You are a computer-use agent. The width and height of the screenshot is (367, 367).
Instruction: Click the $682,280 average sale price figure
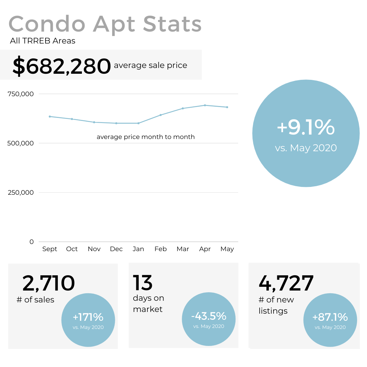pos(62,66)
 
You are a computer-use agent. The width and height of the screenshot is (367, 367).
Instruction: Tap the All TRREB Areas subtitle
pos(42,41)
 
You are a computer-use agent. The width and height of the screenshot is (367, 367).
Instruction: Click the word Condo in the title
pos(47,24)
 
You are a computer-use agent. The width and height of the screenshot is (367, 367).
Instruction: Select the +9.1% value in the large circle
pos(305,127)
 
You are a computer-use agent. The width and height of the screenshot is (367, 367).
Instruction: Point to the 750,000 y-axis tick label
pos(21,94)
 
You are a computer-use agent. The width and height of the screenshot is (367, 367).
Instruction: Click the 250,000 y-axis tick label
pos(21,192)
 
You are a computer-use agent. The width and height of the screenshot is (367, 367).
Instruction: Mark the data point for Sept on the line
pos(50,117)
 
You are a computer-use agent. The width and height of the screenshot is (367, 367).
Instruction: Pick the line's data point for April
pos(205,105)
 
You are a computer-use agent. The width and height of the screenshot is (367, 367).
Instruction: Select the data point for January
pos(138,123)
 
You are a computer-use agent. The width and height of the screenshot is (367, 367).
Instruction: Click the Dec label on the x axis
pos(116,249)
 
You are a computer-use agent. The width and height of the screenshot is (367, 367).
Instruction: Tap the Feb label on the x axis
pos(160,249)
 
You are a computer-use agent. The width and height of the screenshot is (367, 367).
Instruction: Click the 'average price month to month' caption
pos(145,137)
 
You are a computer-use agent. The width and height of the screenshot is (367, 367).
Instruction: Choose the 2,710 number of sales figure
pos(49,283)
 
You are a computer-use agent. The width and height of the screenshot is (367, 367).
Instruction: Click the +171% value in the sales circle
pos(88,317)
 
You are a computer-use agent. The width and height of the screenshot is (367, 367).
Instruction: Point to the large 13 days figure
pos(143,283)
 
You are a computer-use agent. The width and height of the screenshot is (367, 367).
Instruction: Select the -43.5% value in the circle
pos(209,316)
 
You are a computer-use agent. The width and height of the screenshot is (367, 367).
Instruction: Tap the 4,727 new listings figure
pos(286,283)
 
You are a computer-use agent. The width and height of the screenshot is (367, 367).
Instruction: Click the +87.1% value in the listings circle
pos(330,317)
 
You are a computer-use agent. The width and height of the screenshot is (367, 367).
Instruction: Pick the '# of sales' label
pos(35,300)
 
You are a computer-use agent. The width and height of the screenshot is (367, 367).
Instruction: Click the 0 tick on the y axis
pos(32,242)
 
